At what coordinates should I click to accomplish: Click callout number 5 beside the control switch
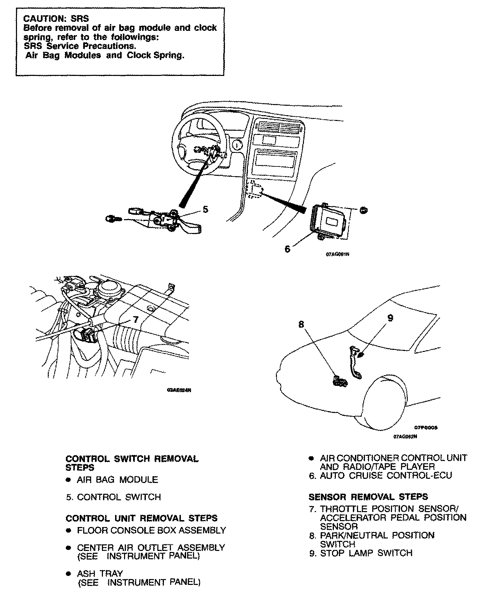[205, 209]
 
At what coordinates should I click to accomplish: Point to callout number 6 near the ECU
[287, 249]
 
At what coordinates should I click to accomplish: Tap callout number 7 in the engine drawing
[136, 319]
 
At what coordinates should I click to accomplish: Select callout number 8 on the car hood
[301, 324]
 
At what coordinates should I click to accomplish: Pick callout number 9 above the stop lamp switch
[390, 318]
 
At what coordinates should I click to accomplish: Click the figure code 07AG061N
[337, 254]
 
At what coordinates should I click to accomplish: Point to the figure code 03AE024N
[179, 390]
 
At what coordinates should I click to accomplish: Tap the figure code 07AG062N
[405, 437]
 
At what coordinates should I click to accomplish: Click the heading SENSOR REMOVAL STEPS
[368, 497]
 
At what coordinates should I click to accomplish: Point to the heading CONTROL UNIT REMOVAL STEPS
[141, 518]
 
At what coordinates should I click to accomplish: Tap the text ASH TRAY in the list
[100, 573]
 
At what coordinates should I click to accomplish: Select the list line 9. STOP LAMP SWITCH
[361, 553]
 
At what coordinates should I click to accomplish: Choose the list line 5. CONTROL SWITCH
[114, 497]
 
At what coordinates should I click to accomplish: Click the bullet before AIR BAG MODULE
[69, 480]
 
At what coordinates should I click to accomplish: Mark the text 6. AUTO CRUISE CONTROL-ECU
[380, 475]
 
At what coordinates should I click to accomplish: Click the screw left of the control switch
[112, 218]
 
